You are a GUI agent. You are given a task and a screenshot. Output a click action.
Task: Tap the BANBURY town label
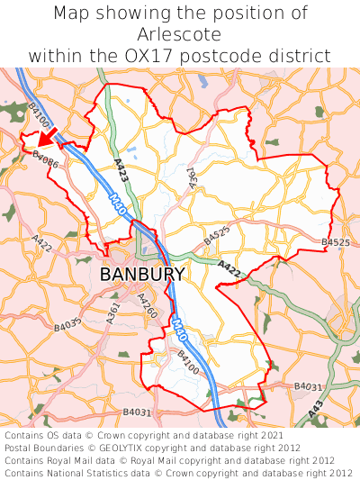pos(142,275)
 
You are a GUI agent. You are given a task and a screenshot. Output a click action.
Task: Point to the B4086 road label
pos(45,159)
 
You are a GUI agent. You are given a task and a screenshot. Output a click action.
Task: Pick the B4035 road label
pos(68,322)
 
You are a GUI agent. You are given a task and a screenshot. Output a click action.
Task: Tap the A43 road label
pos(315,409)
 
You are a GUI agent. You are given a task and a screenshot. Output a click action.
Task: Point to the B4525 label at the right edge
pos(335,243)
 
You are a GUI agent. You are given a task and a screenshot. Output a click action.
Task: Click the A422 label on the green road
pos(229,267)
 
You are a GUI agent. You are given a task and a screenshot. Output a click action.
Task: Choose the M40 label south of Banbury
pos(180,332)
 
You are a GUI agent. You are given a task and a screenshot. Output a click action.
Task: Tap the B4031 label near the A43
pos(309,386)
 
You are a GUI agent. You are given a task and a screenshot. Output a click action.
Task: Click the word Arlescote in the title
pos(180,34)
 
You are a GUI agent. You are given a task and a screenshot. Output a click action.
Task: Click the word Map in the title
pos(73,14)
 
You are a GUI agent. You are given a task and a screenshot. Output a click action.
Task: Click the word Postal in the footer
pos(22,448)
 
